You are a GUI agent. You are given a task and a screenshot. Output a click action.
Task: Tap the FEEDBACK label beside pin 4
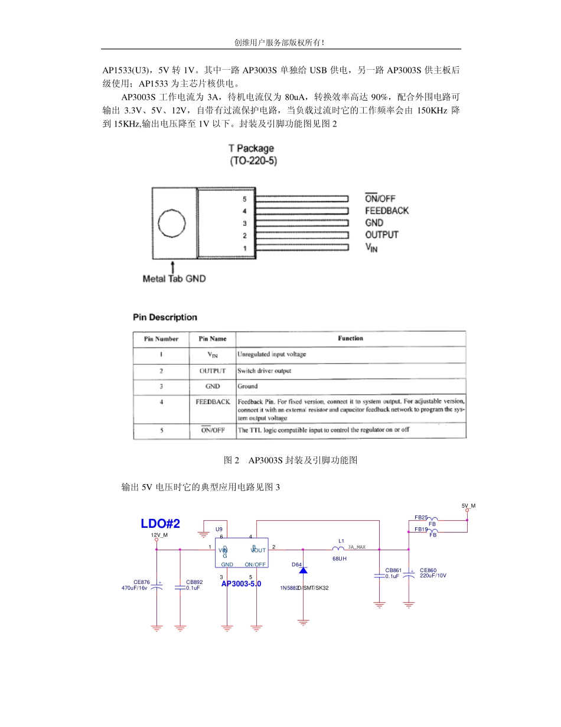[386, 210]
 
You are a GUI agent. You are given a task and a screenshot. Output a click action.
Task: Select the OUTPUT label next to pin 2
[381, 235]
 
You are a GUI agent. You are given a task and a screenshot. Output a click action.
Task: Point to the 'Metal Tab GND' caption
[174, 278]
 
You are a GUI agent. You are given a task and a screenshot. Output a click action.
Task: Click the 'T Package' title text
[251, 148]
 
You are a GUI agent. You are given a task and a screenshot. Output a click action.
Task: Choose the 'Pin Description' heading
[165, 317]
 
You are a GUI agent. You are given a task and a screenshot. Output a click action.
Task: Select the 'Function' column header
[350, 339]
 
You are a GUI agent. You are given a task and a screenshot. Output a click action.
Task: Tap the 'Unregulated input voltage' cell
[272, 355]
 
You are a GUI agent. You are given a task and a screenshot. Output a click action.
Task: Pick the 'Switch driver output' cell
[264, 371]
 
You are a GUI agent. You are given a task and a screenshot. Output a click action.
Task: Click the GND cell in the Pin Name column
[213, 387]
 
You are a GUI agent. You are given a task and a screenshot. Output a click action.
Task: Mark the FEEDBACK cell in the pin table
[213, 402]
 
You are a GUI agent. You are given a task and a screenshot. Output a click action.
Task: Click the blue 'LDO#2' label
[160, 524]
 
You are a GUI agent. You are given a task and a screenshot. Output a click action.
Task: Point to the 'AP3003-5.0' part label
[241, 584]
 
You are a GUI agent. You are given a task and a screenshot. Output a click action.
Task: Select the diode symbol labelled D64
[303, 570]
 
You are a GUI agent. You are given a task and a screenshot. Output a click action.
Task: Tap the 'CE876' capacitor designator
[142, 582]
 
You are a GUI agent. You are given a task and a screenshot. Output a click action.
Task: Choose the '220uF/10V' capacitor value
[433, 575]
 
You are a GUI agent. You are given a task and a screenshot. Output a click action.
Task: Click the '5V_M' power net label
[468, 506]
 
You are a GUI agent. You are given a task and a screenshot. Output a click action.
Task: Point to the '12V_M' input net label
[159, 535]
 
